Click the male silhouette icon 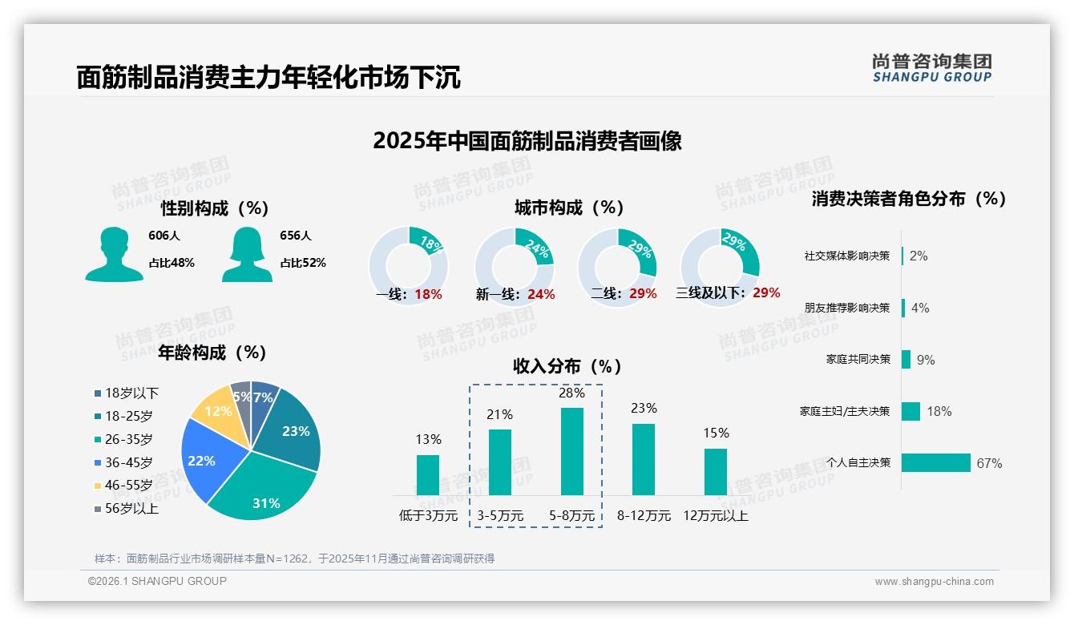tap(114, 254)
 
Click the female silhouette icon tap(247, 254)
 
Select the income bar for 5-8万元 tap(571, 451)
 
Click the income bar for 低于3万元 tap(428, 474)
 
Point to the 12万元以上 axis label tap(715, 516)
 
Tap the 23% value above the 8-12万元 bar tap(644, 409)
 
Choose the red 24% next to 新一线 tap(541, 295)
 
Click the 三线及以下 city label tap(711, 293)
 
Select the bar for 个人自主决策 tap(935, 462)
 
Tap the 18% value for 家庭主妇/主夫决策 tap(939, 411)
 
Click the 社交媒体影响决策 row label tap(846, 256)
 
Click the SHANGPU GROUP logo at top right tap(931, 68)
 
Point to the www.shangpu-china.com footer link tap(934, 582)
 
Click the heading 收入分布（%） tap(567, 366)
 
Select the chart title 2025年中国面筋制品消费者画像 tap(527, 141)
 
